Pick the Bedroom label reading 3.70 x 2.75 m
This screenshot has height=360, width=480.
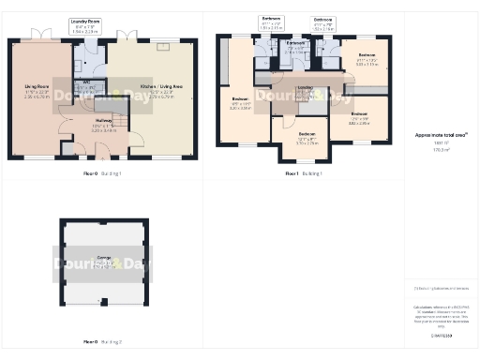307,139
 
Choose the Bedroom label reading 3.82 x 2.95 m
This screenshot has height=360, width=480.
360,118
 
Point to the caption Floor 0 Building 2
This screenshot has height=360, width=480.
103,343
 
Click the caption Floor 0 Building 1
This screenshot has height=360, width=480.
103,174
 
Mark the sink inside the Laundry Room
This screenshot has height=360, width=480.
79,53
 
